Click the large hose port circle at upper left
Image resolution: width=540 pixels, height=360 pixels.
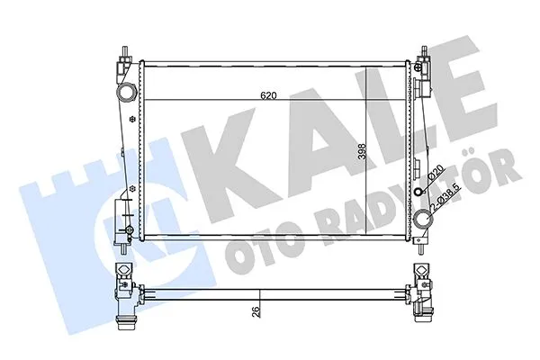point(125,93)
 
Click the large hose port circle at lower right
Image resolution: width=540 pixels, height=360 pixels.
point(425,218)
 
